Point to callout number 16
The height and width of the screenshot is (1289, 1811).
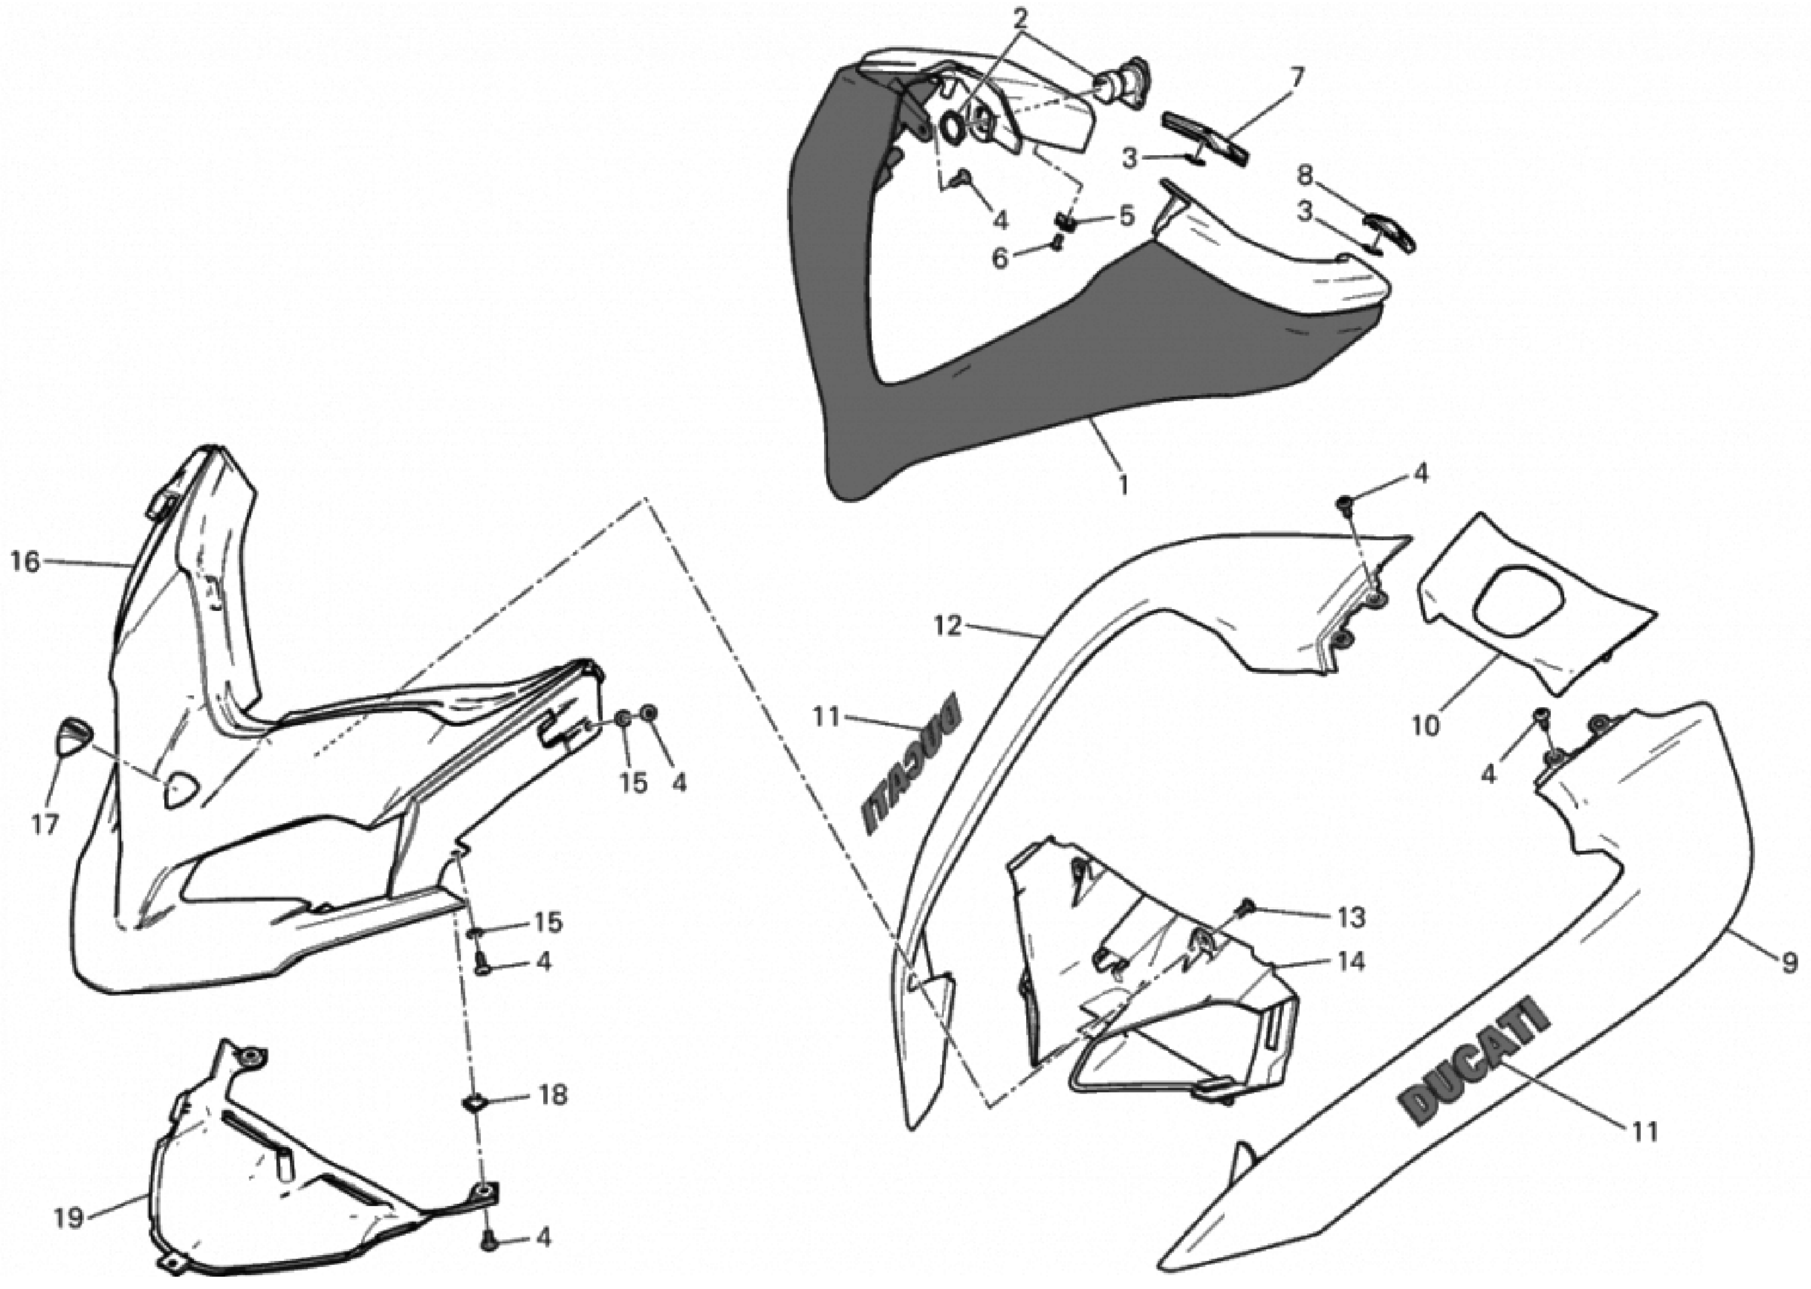pos(25,562)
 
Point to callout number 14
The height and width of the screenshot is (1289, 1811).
pos(1351,962)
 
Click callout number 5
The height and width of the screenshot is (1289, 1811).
pos(1127,216)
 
